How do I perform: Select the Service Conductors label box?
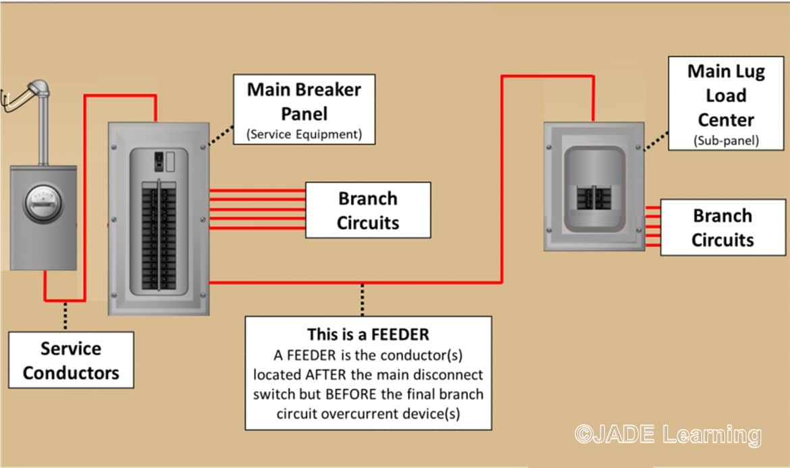coord(71,361)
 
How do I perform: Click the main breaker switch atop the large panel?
coord(158,159)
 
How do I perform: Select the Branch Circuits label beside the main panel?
coord(368,210)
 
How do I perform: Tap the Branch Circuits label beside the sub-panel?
coord(723,228)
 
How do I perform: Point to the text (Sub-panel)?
coord(726,141)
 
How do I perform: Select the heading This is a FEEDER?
coord(368,334)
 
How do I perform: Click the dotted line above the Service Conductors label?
coord(65,316)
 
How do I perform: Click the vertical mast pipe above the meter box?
coord(43,134)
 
